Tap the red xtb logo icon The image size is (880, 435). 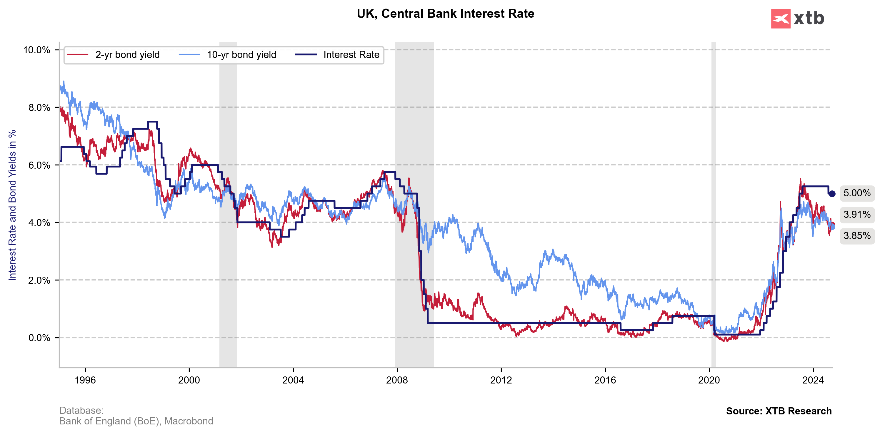tap(780, 19)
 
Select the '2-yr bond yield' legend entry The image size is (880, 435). tap(127, 55)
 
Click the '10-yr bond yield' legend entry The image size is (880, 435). tap(241, 55)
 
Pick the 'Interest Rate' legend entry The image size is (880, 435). tap(351, 55)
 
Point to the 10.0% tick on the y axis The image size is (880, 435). tap(36, 50)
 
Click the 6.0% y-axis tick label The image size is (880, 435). tap(39, 165)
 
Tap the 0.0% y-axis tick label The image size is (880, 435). tap(39, 338)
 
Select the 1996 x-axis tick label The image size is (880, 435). tap(85, 380)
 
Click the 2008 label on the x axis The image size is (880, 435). tap(397, 380)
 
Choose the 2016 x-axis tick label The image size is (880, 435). tap(605, 380)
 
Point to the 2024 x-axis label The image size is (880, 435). tap(813, 380)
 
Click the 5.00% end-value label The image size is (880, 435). tap(857, 193)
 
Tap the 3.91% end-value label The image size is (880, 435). tap(857, 215)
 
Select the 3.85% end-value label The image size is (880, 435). tap(857, 236)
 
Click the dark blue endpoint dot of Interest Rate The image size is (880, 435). tap(832, 194)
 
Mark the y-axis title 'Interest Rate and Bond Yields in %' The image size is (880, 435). tap(12, 205)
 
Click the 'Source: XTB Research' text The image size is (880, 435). tap(779, 411)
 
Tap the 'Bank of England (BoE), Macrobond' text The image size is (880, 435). tap(136, 421)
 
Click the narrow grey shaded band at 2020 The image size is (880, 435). tap(714, 205)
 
